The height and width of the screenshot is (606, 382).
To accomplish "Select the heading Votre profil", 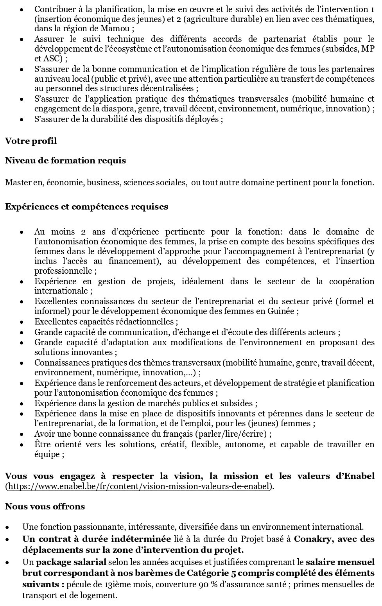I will click(x=31, y=141).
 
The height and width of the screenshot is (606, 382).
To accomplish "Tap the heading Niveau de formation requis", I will click(x=65, y=161).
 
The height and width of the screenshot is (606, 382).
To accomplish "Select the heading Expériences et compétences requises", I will click(x=86, y=206).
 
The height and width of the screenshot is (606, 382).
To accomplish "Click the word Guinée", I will click(x=283, y=311).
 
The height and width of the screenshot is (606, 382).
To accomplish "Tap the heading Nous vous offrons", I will click(x=45, y=506).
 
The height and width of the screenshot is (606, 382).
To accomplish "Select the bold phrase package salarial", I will click(x=71, y=563).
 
